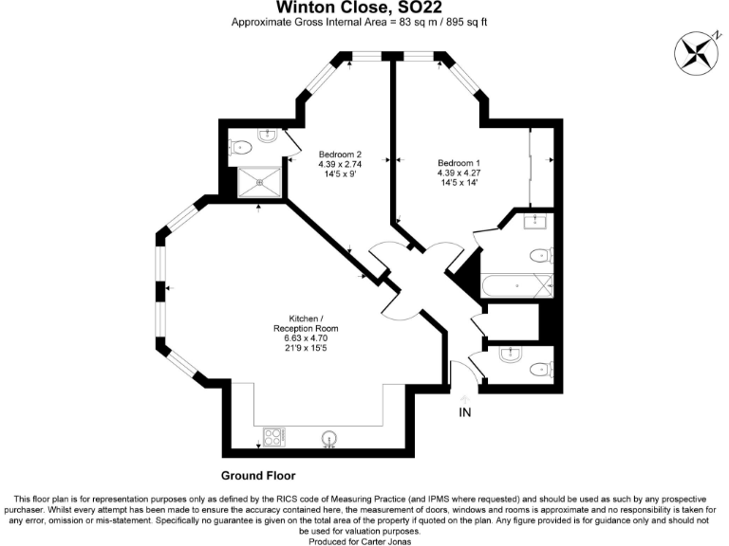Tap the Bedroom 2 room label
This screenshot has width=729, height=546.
[340, 155]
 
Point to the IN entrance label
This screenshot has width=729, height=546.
[465, 412]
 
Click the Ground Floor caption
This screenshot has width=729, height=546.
[258, 476]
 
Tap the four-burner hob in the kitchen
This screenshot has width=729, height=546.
[273, 437]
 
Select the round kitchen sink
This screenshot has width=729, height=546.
[329, 438]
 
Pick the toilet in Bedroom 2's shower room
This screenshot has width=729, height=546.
[240, 147]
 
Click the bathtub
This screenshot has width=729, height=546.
[516, 285]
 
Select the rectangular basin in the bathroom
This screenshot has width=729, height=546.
[536, 222]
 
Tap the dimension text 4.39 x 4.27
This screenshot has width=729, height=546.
[458, 173]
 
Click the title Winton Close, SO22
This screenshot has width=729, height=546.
[365, 8]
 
